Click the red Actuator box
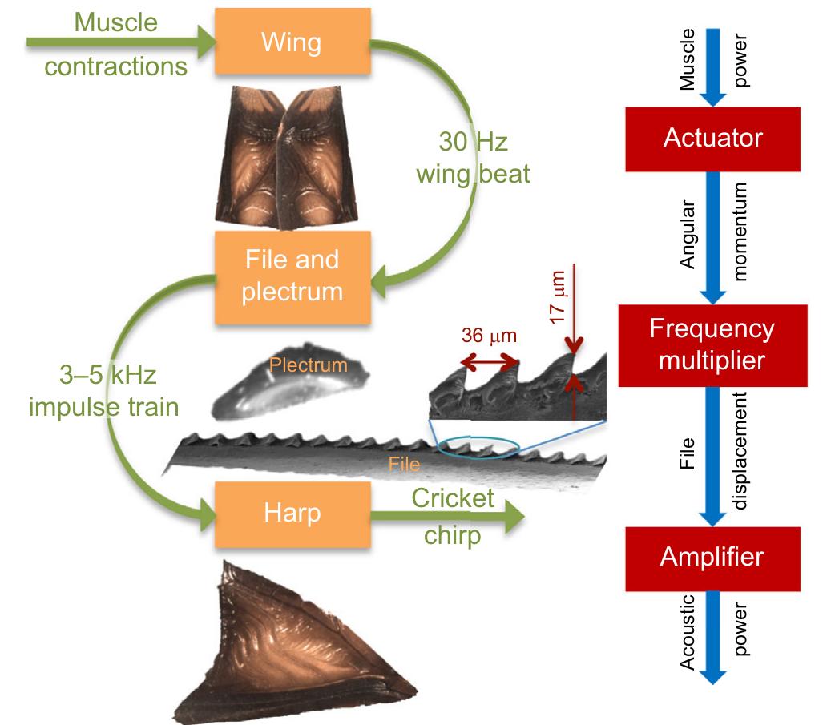tap(712, 139)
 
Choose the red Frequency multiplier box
tap(712, 344)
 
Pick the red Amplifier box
tap(712, 557)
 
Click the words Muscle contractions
tap(115, 44)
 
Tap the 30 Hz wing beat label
tap(472, 156)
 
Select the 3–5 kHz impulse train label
tap(104, 390)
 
